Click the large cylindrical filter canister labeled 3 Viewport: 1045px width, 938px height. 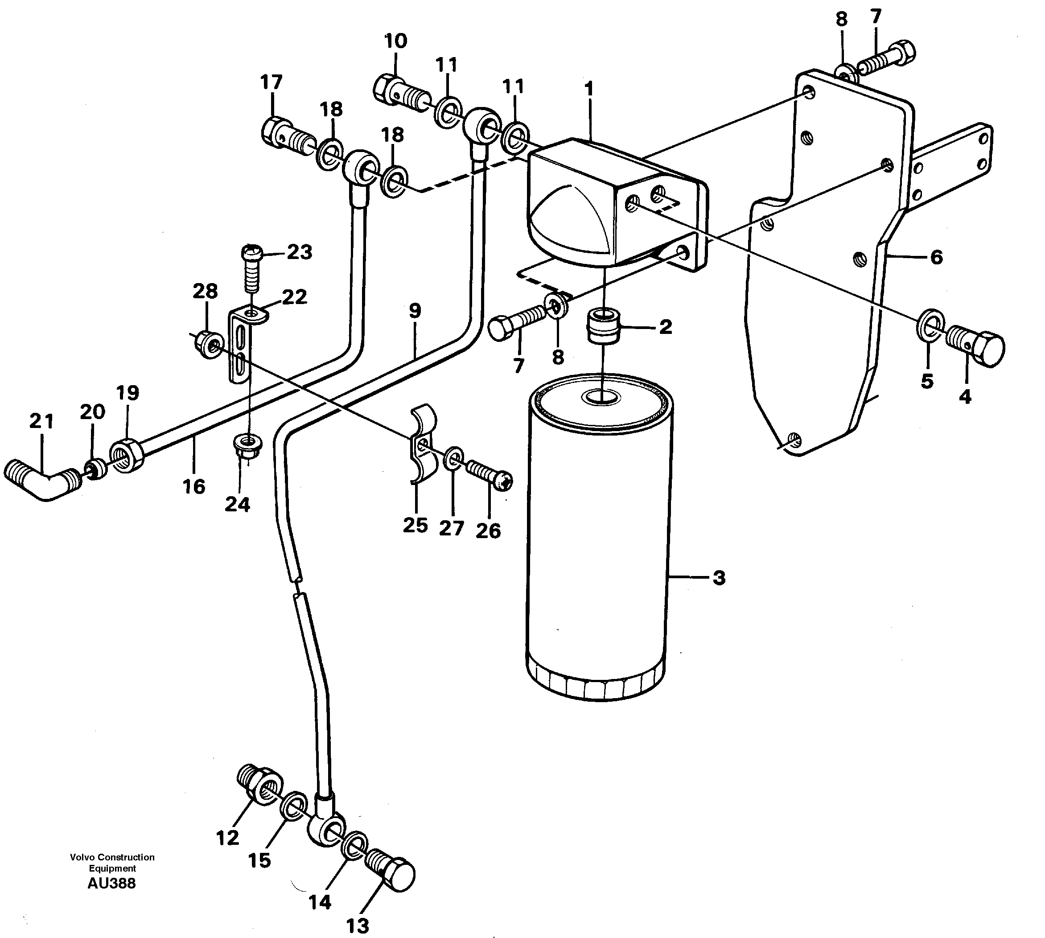(x=598, y=541)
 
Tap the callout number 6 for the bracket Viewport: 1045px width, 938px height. (x=936, y=257)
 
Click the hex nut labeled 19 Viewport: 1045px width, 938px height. (x=127, y=453)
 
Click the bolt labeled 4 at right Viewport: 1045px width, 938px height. (x=977, y=346)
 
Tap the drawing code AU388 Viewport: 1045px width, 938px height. (x=111, y=883)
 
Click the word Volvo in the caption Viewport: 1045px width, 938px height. (x=82, y=857)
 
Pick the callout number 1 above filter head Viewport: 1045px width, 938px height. (x=589, y=89)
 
